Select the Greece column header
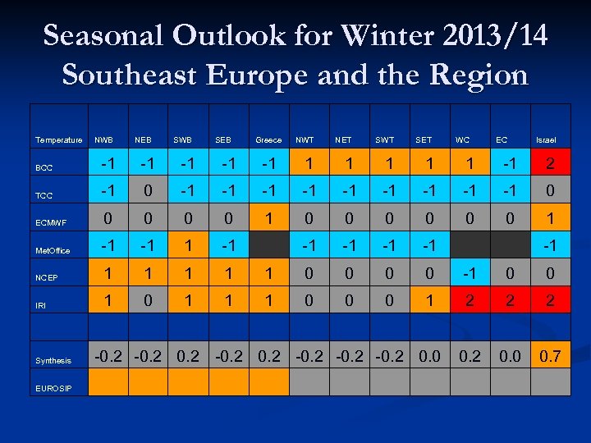[x=268, y=140]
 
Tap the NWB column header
[x=105, y=140]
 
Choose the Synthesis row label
[x=53, y=360]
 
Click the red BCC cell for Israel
[x=551, y=164]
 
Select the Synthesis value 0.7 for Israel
[x=551, y=356]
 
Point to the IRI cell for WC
[x=470, y=301]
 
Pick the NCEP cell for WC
[x=470, y=274]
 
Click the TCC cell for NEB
[x=148, y=191]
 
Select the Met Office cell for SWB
[x=189, y=247]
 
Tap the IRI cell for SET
[x=428, y=301]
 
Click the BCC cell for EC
[x=510, y=164]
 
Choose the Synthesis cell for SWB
[x=189, y=356]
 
